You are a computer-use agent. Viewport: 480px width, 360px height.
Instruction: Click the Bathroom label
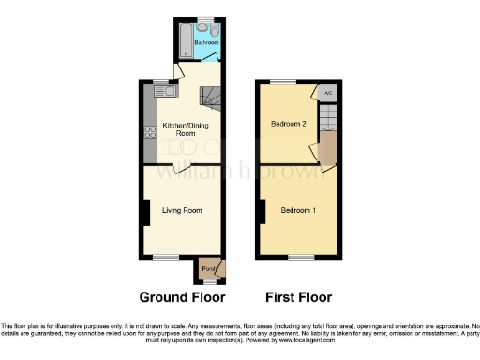[205, 42]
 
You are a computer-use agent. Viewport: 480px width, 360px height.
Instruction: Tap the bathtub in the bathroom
[184, 38]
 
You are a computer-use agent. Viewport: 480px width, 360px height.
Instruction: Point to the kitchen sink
[161, 92]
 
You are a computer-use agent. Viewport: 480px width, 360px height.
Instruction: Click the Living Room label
[182, 210]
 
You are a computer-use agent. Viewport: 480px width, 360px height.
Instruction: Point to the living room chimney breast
[144, 213]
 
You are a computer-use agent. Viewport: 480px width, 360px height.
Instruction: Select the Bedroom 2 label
[289, 124]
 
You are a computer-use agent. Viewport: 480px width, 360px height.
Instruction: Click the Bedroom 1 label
[298, 210]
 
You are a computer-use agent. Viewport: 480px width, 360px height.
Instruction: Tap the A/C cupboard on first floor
[327, 94]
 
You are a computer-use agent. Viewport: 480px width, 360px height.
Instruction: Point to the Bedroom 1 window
[301, 256]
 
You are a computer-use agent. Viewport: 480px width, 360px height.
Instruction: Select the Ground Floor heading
[182, 297]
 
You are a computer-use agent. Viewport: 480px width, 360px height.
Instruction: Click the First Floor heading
[299, 297]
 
